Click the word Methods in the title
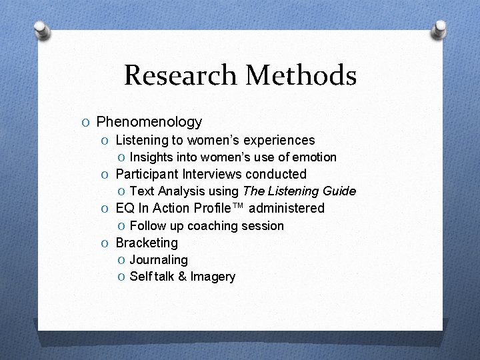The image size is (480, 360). (x=301, y=75)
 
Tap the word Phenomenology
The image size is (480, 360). (x=149, y=122)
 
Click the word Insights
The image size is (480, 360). (x=151, y=157)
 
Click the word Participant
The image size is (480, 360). (x=147, y=174)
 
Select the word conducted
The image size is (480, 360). (x=275, y=174)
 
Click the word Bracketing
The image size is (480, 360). (x=147, y=243)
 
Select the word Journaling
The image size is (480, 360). (x=159, y=259)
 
